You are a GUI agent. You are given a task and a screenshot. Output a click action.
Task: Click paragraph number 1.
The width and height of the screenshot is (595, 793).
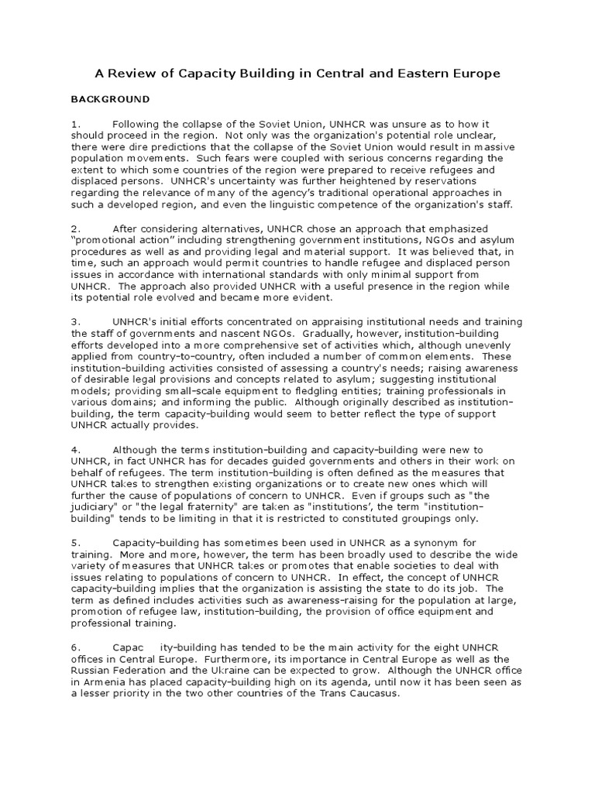click(75, 124)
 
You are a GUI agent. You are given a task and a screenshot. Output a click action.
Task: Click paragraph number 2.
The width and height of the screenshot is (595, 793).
click(75, 228)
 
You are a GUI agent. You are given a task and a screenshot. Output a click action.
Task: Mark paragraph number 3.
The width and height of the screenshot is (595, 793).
click(75, 321)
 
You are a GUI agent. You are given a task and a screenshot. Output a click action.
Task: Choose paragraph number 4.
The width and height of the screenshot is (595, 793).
click(75, 449)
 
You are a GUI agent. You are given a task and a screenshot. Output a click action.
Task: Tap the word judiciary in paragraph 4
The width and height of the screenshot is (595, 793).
click(95, 507)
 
